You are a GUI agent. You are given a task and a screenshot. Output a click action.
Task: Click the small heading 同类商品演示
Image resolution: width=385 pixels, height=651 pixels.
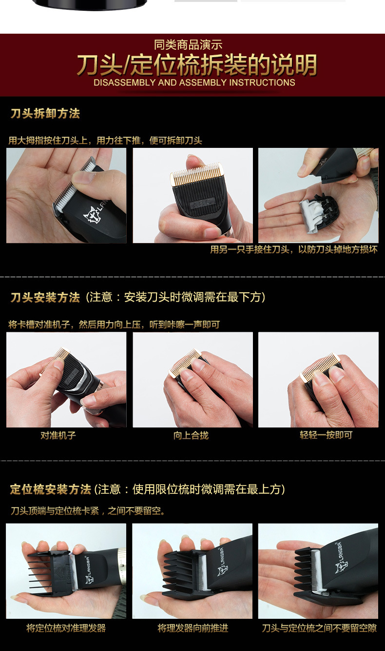[x=188, y=45]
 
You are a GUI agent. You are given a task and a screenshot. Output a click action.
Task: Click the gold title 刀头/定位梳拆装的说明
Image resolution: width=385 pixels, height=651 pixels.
[x=196, y=65]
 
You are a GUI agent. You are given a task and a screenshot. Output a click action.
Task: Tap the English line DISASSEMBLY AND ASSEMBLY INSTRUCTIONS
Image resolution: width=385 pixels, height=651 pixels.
[x=194, y=82]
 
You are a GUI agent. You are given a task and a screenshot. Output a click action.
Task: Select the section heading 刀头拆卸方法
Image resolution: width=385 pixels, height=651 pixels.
[x=45, y=114]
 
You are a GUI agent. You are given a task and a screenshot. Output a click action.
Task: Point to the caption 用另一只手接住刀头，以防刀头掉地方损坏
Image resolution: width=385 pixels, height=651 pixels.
[x=293, y=249]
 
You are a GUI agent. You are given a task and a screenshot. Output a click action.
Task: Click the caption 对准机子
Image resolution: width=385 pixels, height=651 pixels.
[x=58, y=435]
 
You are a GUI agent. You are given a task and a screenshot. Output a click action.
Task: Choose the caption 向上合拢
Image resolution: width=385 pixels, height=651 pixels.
[x=191, y=435]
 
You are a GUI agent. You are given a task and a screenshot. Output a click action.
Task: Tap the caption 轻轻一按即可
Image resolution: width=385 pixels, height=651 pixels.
[x=326, y=435]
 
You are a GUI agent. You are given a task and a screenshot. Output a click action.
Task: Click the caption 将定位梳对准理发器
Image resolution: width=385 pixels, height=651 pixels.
[x=66, y=628]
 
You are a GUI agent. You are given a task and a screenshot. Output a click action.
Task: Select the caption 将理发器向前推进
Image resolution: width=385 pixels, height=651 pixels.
[x=192, y=628]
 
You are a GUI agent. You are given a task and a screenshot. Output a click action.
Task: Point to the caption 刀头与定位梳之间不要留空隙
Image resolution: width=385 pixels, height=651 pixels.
[x=319, y=628]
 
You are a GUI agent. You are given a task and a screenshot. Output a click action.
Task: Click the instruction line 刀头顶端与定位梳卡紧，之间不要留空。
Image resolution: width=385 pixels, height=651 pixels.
[x=88, y=510]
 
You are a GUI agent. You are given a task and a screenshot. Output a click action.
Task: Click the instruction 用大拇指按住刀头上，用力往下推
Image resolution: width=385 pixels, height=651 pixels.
[x=105, y=141]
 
